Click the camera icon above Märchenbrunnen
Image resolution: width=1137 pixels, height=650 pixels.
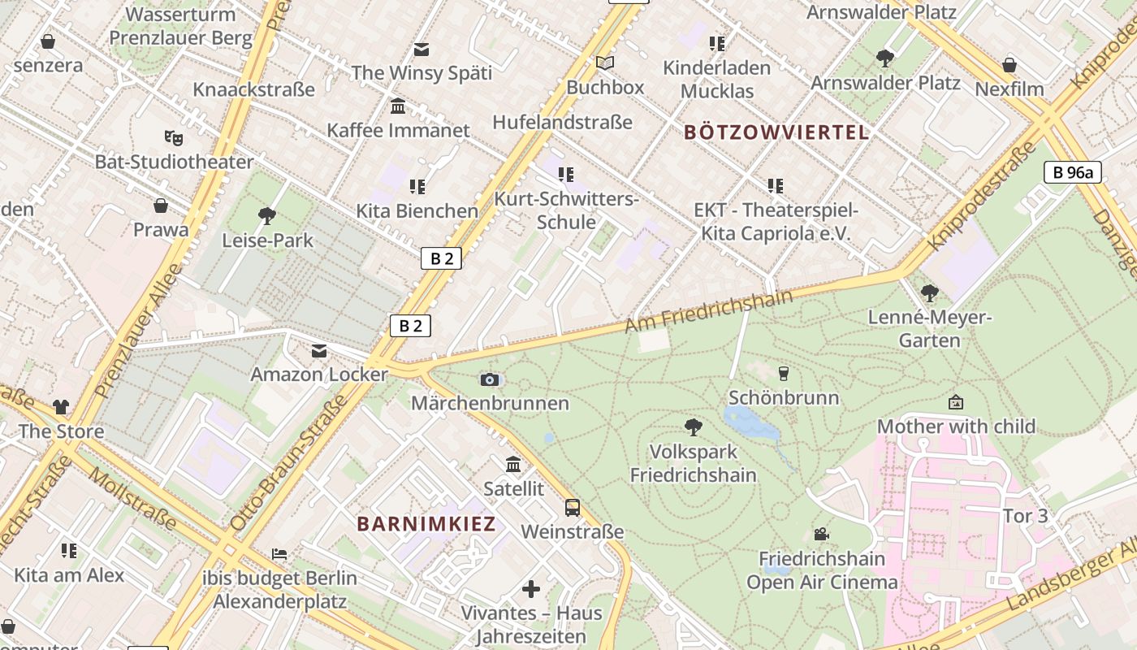[x=489, y=379]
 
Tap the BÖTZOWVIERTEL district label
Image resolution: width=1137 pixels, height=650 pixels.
[x=776, y=132]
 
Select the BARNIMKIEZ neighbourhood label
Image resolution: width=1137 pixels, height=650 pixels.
[x=426, y=524]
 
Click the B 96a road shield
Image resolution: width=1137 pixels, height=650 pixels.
[x=1072, y=172]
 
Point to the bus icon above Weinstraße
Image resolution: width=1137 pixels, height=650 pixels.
[x=573, y=508]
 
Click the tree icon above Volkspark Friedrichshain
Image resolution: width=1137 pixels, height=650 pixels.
[x=694, y=427]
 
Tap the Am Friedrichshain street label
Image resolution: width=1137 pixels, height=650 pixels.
[x=708, y=311]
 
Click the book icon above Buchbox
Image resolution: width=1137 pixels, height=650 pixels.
[x=605, y=63]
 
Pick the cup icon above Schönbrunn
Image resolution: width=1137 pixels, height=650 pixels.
[x=783, y=374]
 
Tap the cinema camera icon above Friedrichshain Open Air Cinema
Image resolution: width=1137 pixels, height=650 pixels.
[x=821, y=534]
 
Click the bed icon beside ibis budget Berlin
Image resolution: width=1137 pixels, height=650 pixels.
[x=279, y=554]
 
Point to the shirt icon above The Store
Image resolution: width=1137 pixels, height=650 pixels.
[x=61, y=407]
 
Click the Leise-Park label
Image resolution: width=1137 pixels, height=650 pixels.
[x=267, y=240]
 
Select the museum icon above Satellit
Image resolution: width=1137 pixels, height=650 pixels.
[x=513, y=465]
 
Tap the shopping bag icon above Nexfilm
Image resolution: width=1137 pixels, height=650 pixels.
[x=1009, y=64]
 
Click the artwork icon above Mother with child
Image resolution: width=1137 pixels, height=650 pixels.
[x=956, y=402]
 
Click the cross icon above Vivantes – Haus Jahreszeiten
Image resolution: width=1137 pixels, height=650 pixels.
[x=531, y=589]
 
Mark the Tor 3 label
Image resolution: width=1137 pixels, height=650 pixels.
[x=1026, y=516]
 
